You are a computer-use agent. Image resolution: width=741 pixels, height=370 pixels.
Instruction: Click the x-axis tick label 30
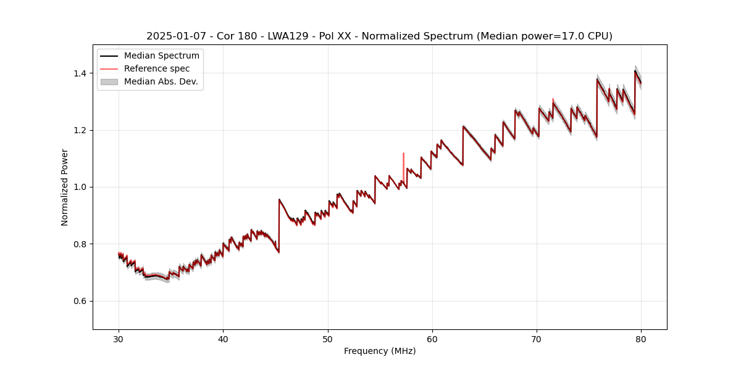(x=119, y=339)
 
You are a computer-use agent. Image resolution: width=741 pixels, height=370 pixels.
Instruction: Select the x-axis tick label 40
(x=223, y=339)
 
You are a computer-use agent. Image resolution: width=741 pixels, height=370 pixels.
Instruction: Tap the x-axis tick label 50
(x=327, y=339)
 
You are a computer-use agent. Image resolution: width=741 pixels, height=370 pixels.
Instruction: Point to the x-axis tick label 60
(x=432, y=339)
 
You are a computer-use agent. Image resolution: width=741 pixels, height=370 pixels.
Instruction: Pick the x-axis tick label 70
(x=537, y=339)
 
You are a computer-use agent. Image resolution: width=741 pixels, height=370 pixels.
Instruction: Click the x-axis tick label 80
(x=641, y=339)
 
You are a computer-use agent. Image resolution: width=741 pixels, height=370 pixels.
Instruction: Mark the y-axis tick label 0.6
(x=79, y=301)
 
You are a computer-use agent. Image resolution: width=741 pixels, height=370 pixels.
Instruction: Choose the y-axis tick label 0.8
(x=79, y=244)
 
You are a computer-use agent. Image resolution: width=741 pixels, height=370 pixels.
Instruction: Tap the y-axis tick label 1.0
(x=79, y=187)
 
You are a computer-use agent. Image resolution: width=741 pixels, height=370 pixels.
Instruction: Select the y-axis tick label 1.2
(x=79, y=130)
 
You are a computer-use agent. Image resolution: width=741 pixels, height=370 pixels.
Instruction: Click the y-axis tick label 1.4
(x=79, y=73)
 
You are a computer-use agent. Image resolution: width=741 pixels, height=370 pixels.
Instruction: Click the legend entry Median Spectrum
(x=161, y=56)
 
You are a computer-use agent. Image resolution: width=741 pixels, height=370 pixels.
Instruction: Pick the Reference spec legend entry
(x=157, y=68)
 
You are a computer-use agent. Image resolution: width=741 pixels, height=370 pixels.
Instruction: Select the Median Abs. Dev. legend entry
(x=161, y=81)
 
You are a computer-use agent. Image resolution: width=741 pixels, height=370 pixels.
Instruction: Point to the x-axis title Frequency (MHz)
(x=380, y=351)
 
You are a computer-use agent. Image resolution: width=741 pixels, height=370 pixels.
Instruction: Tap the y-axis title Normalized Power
(x=64, y=187)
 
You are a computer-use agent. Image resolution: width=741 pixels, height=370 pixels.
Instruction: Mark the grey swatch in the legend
(x=109, y=81)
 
